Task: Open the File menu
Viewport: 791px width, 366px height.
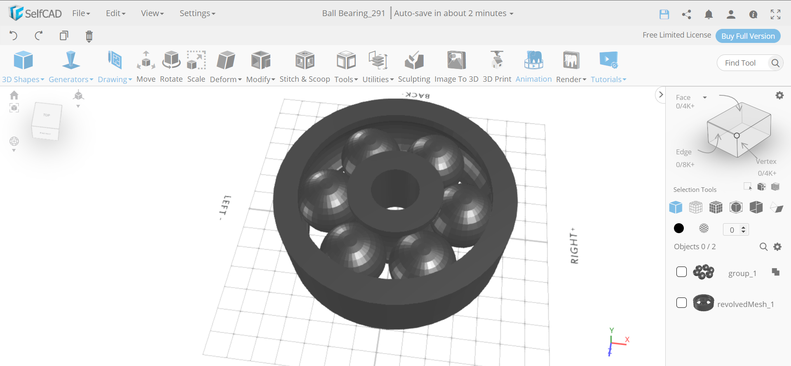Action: pos(81,13)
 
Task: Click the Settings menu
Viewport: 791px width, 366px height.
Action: pos(197,13)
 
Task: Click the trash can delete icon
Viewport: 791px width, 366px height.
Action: pos(89,36)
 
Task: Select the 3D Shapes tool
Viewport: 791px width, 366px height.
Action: pos(23,66)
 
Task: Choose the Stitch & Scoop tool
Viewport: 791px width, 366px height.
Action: pos(305,66)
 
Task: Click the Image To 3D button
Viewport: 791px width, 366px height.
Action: pos(456,66)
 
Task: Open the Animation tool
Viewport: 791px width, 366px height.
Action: pos(533,66)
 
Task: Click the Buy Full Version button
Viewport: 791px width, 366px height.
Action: pos(748,36)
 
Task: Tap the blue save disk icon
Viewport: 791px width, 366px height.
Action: pos(664,14)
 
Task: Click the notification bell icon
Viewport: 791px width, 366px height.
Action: pos(709,14)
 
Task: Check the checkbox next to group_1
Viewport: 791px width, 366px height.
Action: pos(681,272)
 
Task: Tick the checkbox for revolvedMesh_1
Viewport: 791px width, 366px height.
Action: pos(681,303)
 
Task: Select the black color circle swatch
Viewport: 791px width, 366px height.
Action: pos(678,228)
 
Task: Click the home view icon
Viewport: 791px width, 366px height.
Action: pos(14,95)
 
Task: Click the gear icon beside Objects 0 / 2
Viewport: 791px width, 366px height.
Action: pos(777,247)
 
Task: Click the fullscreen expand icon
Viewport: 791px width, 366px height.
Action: pos(775,14)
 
